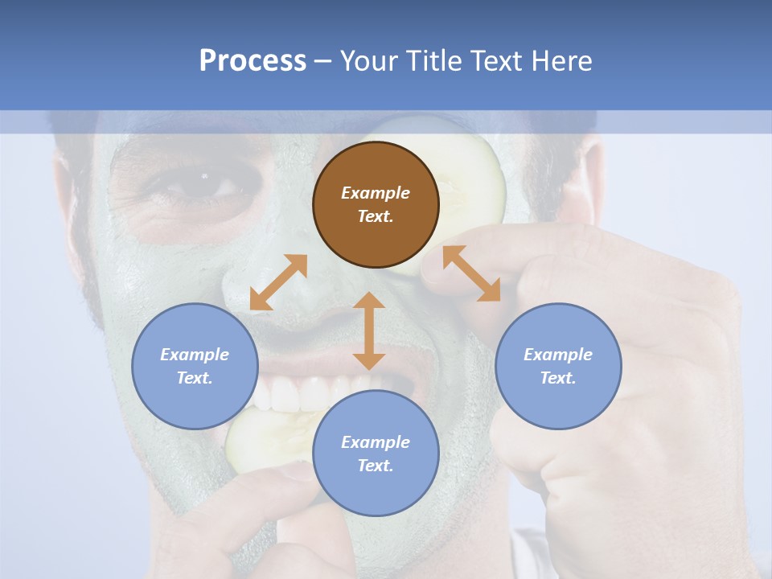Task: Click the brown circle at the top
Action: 376,204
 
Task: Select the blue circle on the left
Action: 195,366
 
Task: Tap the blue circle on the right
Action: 558,366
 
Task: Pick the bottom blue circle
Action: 376,454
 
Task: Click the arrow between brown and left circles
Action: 278,282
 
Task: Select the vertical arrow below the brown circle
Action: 369,331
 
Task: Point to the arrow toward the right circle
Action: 472,273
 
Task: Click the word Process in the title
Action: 253,60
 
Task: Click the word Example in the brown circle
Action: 376,193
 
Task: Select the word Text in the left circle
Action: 195,378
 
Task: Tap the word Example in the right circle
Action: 558,355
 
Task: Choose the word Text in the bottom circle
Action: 375,466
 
